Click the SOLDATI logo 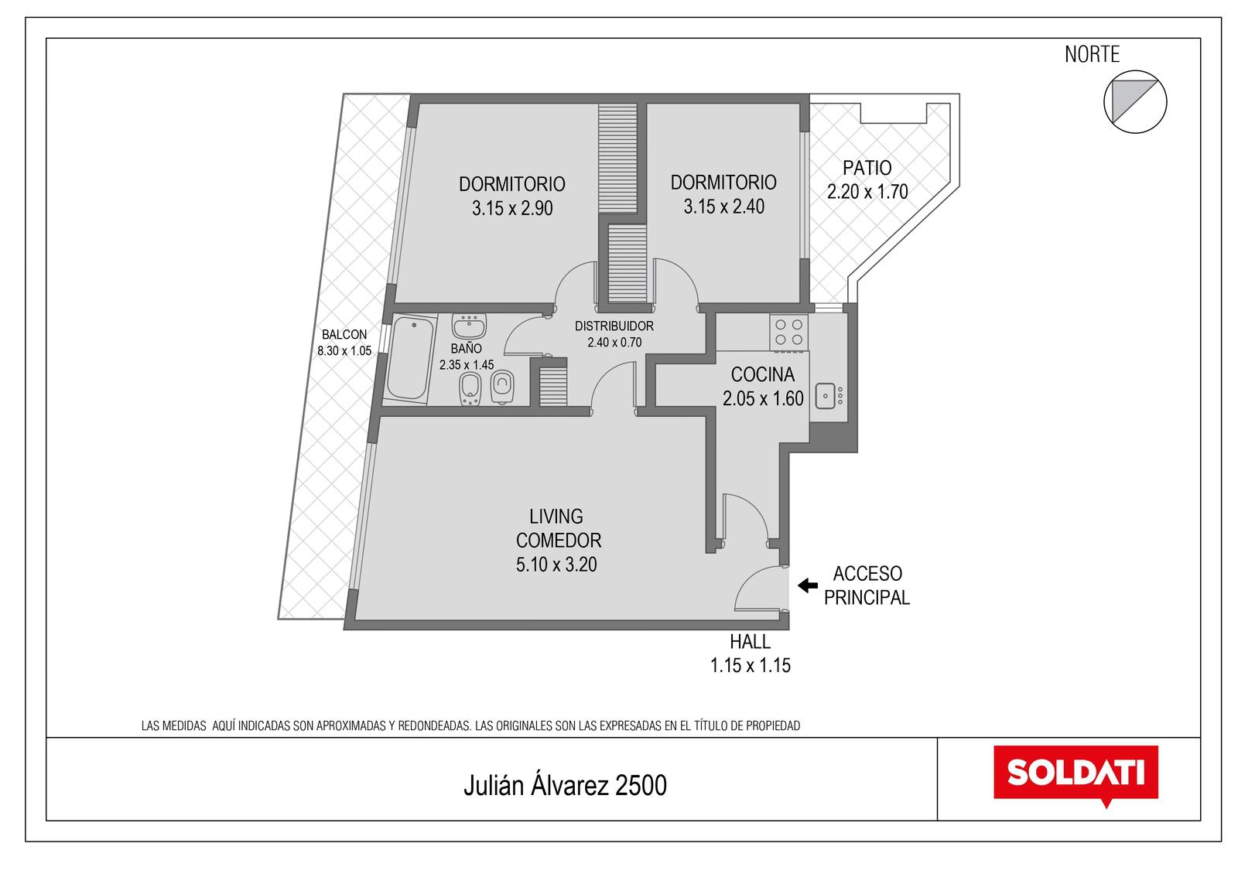1076,775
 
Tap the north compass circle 1135,101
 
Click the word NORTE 1092,54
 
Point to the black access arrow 808,586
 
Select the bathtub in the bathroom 409,358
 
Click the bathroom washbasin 469,326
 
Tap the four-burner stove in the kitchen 788,332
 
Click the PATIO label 867,167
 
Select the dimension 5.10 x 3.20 556,564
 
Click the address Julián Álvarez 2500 566,785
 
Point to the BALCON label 344,334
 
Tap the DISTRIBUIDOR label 614,326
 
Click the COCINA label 763,374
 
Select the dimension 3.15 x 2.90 512,208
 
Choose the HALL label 750,641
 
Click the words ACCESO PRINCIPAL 867,586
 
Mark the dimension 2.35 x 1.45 467,364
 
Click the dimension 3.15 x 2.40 724,207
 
